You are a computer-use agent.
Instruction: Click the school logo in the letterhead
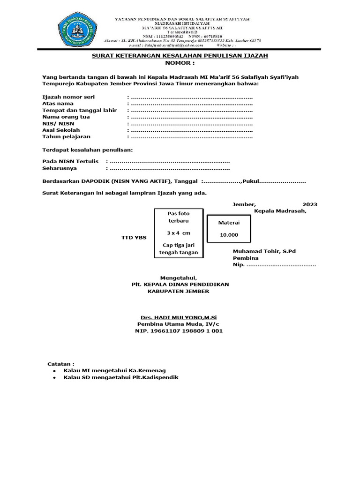coord(78,31)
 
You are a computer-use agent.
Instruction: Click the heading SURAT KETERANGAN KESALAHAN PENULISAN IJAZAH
coord(180,55)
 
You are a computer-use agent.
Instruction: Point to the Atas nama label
coord(58,103)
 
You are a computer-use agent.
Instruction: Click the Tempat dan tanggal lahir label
coord(79,110)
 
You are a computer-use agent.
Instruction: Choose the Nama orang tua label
coord(66,117)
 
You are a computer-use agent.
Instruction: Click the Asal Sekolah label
coord(61,130)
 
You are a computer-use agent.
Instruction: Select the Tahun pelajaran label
coord(67,136)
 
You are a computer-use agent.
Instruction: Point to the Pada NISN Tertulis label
coord(71,161)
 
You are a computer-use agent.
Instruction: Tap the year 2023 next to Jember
coord(309,204)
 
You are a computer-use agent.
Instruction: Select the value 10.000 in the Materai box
coord(229,235)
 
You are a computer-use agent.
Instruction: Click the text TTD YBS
coord(134,238)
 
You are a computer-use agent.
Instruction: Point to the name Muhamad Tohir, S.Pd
coord(264,251)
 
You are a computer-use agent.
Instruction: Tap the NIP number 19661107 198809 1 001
coord(180,331)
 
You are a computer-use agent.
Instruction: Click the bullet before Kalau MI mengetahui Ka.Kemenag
coord(55,370)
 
